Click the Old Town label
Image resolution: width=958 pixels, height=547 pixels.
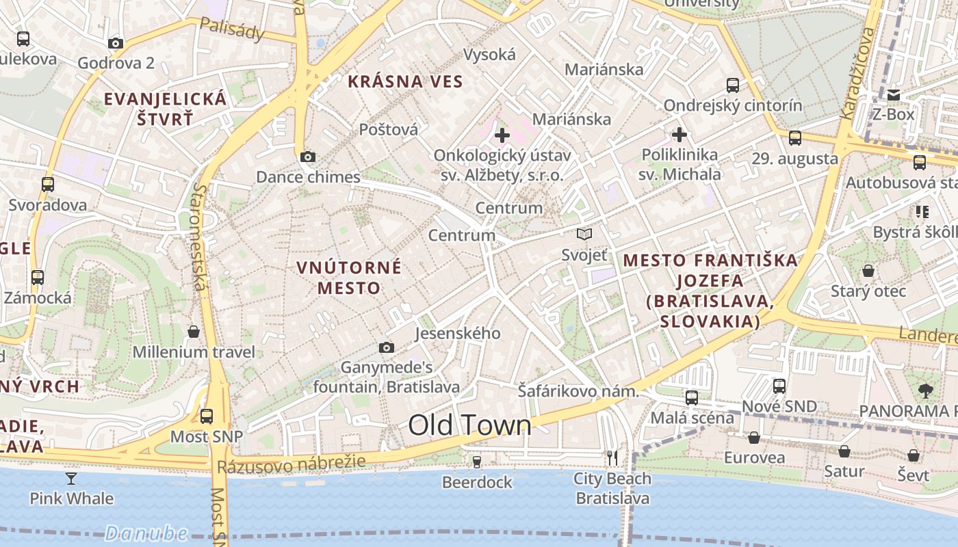pyautogui.click(x=469, y=425)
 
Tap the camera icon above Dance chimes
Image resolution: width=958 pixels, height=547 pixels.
pyautogui.click(x=308, y=157)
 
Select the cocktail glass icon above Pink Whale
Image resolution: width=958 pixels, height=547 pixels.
pyautogui.click(x=71, y=478)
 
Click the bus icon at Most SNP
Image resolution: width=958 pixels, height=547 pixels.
pyautogui.click(x=207, y=416)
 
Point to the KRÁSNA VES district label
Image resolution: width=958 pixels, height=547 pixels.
pyautogui.click(x=405, y=81)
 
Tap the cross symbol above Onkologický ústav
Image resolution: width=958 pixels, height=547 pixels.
pyautogui.click(x=502, y=135)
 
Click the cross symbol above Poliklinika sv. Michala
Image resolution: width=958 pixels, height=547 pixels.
pyautogui.click(x=679, y=134)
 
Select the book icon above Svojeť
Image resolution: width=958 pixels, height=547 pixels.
pyautogui.click(x=584, y=235)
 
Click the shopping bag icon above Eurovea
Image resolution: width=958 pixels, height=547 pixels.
pyautogui.click(x=753, y=438)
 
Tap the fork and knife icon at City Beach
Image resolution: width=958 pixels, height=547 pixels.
pyautogui.click(x=612, y=457)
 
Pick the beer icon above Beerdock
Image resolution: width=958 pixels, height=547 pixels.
pyautogui.click(x=477, y=462)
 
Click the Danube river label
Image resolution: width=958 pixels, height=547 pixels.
pyautogui.click(x=146, y=533)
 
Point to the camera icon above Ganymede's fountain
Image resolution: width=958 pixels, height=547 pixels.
pyautogui.click(x=387, y=347)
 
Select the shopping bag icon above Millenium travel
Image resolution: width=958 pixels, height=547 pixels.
pyautogui.click(x=194, y=332)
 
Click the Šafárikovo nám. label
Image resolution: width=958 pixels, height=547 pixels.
pyautogui.click(x=578, y=392)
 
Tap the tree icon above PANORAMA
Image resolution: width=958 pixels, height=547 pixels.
pyautogui.click(x=926, y=391)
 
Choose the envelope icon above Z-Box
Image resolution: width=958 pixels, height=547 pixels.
pyautogui.click(x=893, y=94)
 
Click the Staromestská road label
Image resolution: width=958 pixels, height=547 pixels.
pyautogui.click(x=199, y=236)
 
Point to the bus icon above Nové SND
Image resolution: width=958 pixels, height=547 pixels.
pyautogui.click(x=779, y=386)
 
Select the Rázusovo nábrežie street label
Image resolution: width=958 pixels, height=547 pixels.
pyautogui.click(x=292, y=465)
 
